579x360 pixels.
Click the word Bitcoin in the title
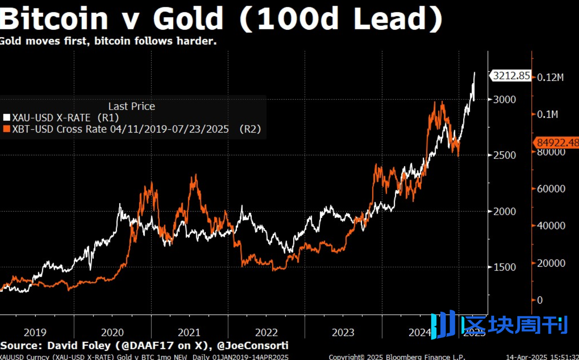tap(54, 19)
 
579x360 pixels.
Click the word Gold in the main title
tap(188, 19)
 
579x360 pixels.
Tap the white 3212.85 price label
tap(511, 76)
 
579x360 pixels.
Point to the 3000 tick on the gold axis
tap(504, 100)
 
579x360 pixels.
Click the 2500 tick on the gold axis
tap(504, 155)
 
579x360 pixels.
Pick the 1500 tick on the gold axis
tap(504, 267)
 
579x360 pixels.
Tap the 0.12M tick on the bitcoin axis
tap(550, 77)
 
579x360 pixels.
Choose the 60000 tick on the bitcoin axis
tap(551, 189)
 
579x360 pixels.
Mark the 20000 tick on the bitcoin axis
tap(551, 263)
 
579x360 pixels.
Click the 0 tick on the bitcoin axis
tap(540, 300)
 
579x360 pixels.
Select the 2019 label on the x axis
tap(35, 332)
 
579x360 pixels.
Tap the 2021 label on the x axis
tap(189, 332)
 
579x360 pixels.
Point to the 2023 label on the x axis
tap(343, 332)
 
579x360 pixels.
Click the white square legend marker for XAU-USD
tap(6, 118)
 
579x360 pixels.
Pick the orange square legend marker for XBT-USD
tap(6, 129)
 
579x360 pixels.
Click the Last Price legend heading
tap(132, 106)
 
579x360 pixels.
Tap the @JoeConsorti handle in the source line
tap(252, 346)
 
